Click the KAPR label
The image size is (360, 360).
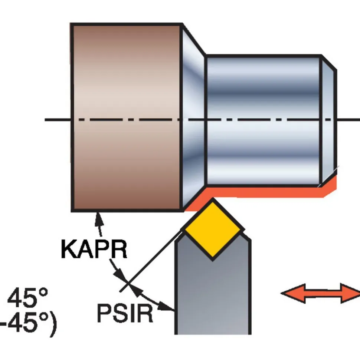tap(94, 249)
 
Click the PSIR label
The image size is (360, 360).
tap(125, 313)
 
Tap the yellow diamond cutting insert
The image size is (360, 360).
tap(213, 229)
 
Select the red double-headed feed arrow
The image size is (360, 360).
tap(320, 293)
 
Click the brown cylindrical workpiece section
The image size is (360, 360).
tap(126, 117)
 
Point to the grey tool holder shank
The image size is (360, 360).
tap(213, 287)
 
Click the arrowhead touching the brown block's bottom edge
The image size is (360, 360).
tap(99, 218)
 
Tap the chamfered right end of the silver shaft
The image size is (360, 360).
tap(328, 120)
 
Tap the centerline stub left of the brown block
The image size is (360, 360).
tap(58, 120)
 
